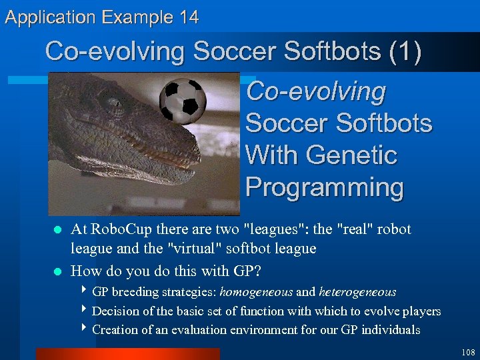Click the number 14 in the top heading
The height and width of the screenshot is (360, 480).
189,17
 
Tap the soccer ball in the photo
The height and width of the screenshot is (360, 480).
183,101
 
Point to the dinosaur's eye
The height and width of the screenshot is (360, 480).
114,103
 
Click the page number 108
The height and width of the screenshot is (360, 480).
468,353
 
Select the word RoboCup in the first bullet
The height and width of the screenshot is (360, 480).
121,229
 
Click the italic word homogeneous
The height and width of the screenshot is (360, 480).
256,292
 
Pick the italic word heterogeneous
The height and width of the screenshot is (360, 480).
357,292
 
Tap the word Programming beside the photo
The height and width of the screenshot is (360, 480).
325,187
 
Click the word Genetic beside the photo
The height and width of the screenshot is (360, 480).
351,155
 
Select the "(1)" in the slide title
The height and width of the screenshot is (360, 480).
405,51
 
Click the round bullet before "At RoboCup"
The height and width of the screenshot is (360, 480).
57,229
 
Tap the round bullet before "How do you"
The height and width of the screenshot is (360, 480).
57,271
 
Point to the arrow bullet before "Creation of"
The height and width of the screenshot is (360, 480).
84,327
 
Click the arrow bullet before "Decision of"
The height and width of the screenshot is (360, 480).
84,309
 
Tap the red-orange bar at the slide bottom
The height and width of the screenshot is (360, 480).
128,354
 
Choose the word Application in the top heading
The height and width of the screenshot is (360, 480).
50,18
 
